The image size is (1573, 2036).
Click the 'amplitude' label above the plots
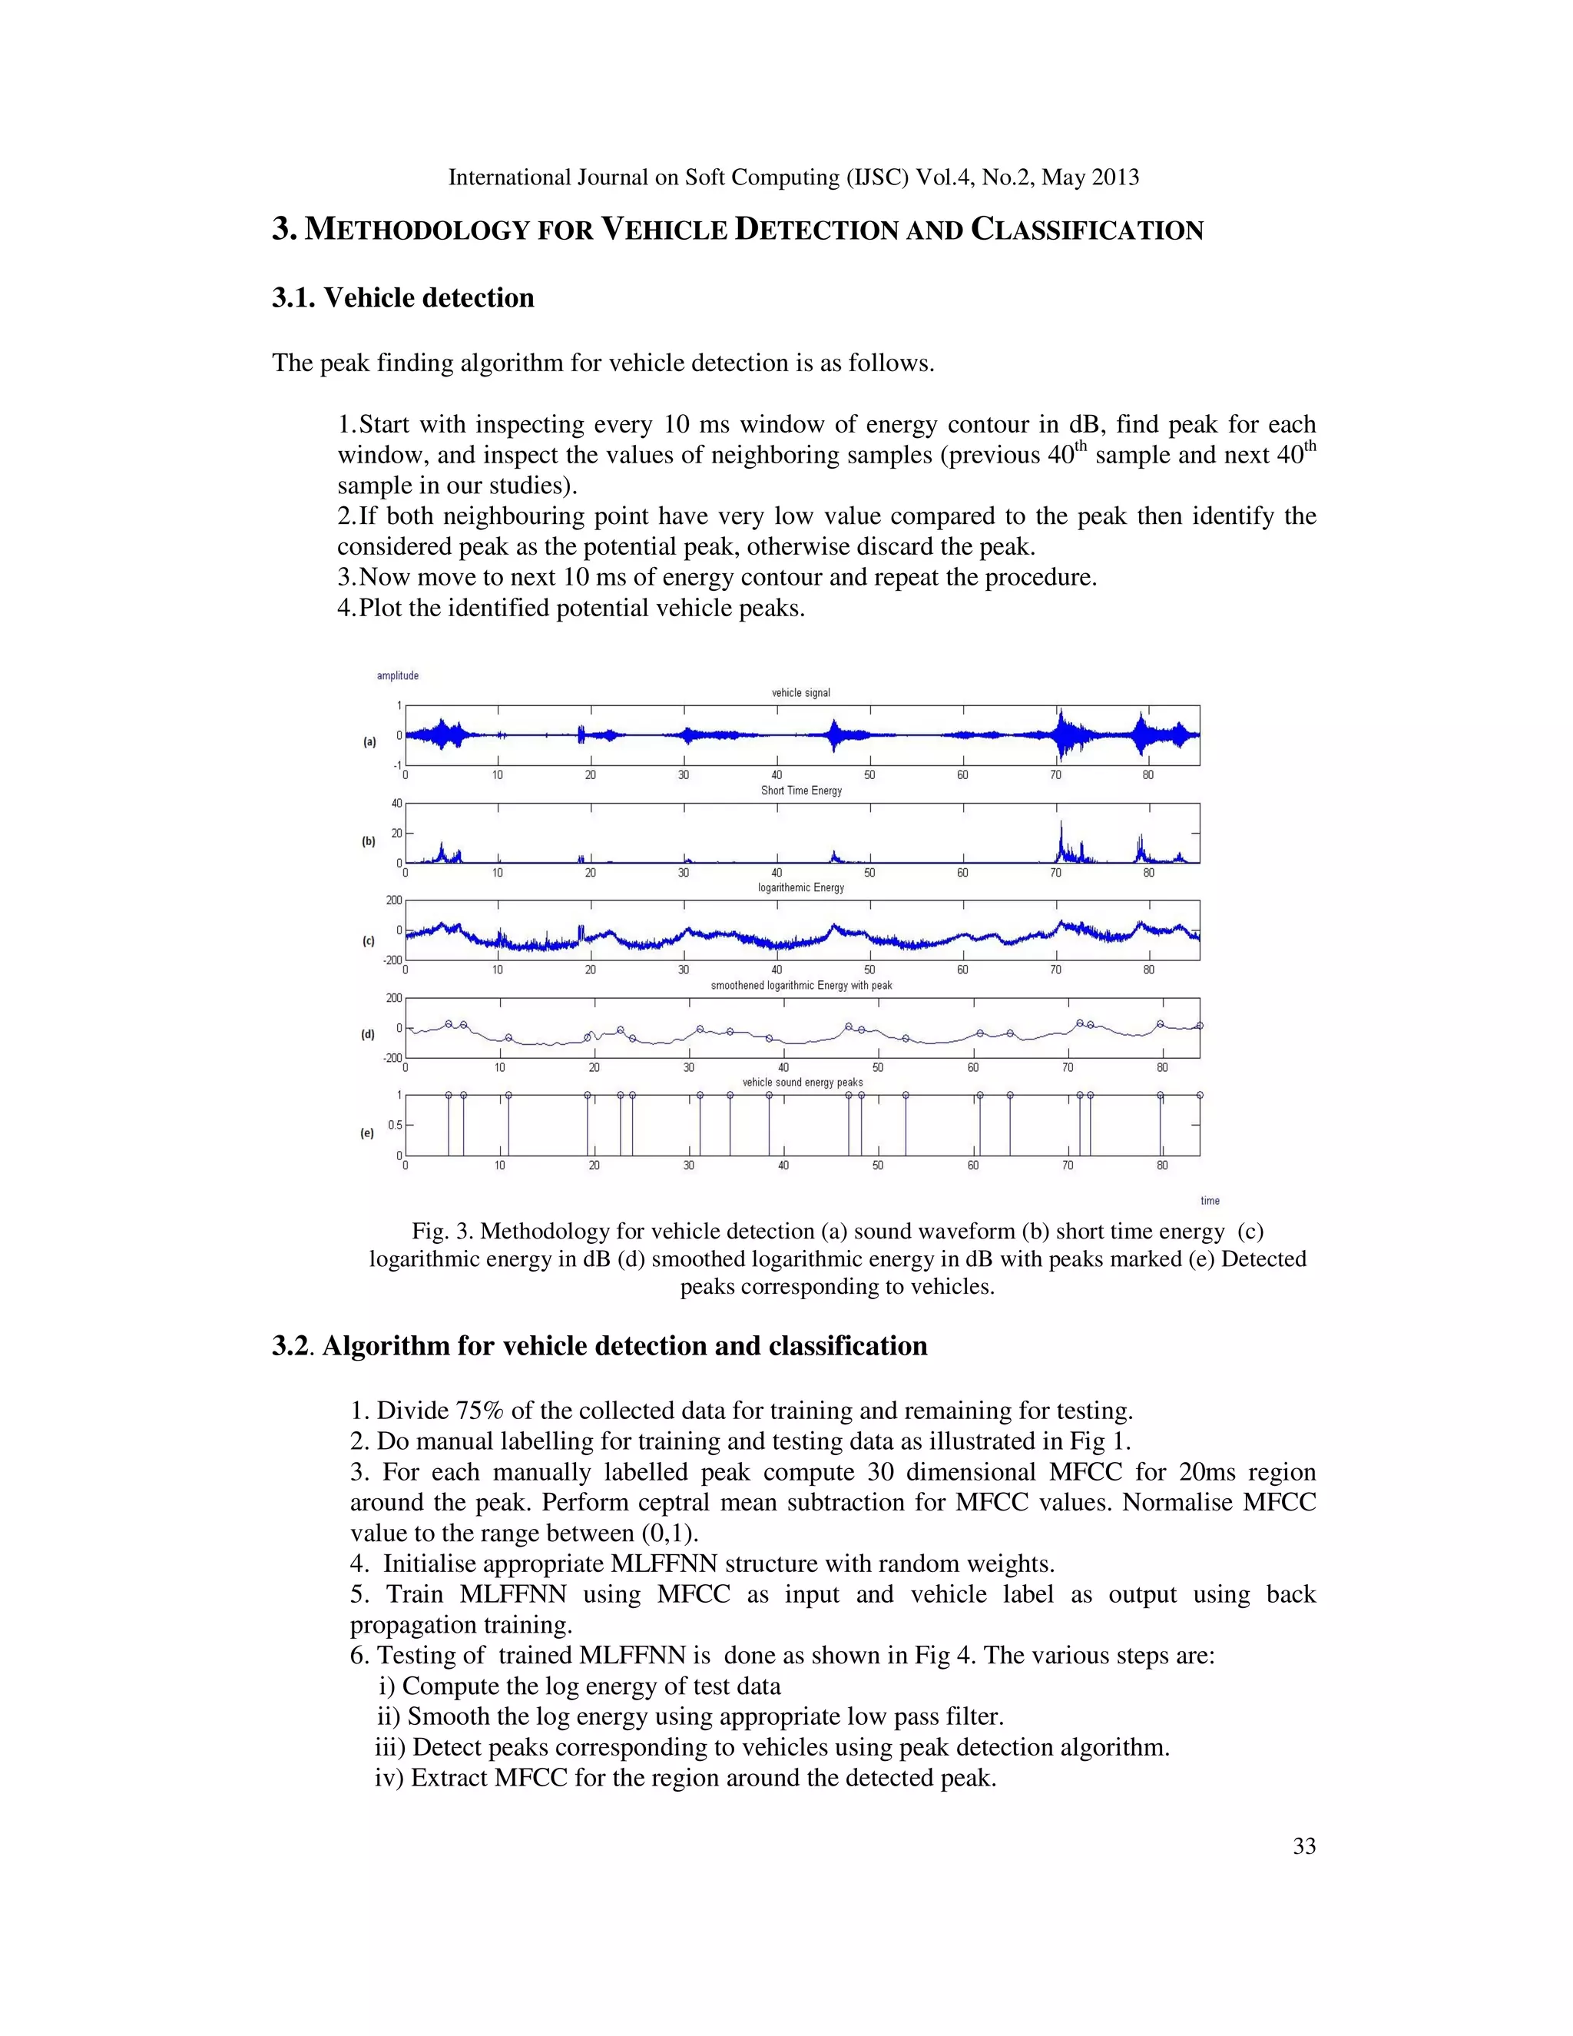[397, 676]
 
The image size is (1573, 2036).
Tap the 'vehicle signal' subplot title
[800, 693]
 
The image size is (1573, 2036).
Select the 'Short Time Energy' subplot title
[800, 791]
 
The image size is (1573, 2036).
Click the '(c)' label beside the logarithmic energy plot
[369, 942]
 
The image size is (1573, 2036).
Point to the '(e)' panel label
[367, 1133]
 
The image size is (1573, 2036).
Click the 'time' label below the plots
[1210, 1201]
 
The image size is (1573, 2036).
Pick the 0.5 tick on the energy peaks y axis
[395, 1126]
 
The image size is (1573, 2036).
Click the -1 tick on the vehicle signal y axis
[397, 765]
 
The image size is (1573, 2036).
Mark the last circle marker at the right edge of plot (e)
[1199, 1096]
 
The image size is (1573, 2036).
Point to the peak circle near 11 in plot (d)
[508, 1037]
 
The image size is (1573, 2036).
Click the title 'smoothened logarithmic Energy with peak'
[801, 986]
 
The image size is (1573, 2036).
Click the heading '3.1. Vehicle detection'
[402, 298]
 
